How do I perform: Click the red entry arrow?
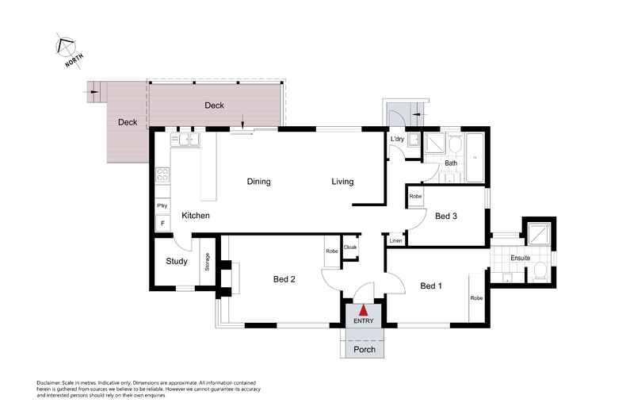363,310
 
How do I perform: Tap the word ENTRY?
363,321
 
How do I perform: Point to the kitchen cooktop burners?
162,175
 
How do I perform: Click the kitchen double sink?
188,140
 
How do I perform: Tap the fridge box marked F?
162,224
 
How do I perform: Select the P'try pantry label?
162,206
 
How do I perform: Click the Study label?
176,262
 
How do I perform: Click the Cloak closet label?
350,247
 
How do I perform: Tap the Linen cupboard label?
395,240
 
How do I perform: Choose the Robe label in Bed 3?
415,194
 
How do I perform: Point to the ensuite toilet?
540,272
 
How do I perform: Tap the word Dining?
258,182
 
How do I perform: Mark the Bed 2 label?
284,278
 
